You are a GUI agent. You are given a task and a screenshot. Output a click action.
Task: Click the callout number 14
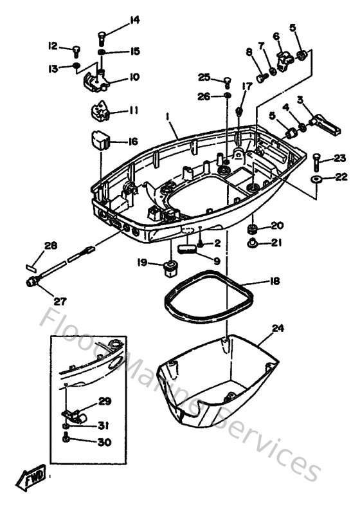tap(134, 20)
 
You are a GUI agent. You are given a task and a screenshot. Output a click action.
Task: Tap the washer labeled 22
tap(316, 178)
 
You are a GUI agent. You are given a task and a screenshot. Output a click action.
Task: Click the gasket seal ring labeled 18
tap(204, 300)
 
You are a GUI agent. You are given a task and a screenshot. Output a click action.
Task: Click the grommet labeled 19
tap(170, 266)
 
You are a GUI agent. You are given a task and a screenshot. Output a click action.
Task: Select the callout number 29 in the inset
tap(104, 401)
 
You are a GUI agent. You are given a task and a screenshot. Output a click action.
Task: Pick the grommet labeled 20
tap(253, 228)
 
